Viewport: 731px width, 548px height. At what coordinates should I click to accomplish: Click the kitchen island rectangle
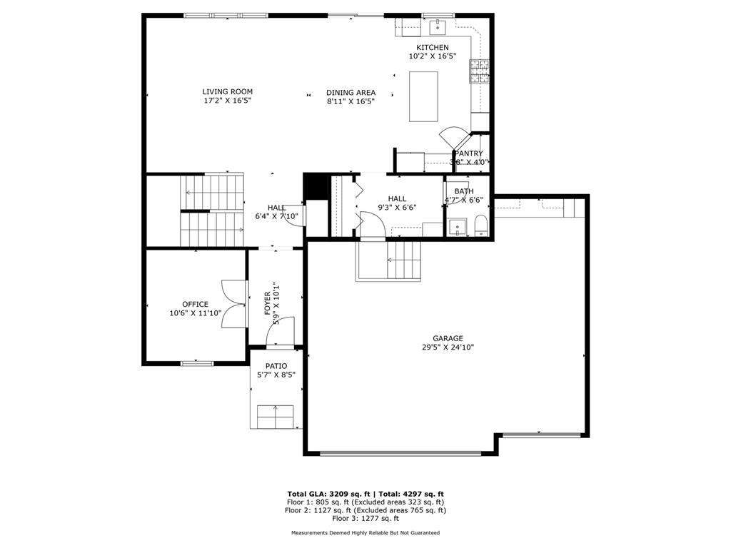pyautogui.click(x=423, y=97)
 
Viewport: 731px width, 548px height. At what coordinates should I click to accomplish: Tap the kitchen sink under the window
pyautogui.click(x=437, y=28)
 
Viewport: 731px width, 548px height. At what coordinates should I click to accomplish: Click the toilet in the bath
pyautogui.click(x=480, y=225)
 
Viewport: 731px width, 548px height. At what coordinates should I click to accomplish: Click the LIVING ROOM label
pyautogui.click(x=227, y=91)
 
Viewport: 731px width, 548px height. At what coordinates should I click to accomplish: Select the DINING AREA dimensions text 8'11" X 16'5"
pyautogui.click(x=351, y=101)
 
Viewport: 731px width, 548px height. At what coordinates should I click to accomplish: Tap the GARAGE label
pyautogui.click(x=448, y=338)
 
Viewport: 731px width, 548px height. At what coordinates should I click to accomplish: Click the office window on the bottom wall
pyautogui.click(x=197, y=363)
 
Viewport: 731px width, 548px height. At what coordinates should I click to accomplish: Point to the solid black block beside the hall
pyautogui.click(x=315, y=188)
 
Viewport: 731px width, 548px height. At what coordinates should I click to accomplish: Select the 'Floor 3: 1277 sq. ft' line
pyautogui.click(x=365, y=519)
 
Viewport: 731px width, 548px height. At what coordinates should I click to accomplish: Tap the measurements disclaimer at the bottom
pyautogui.click(x=365, y=533)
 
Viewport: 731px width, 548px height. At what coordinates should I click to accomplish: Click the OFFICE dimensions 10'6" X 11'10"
pyautogui.click(x=195, y=313)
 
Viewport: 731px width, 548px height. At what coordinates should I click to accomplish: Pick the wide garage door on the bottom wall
pyautogui.click(x=400, y=452)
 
